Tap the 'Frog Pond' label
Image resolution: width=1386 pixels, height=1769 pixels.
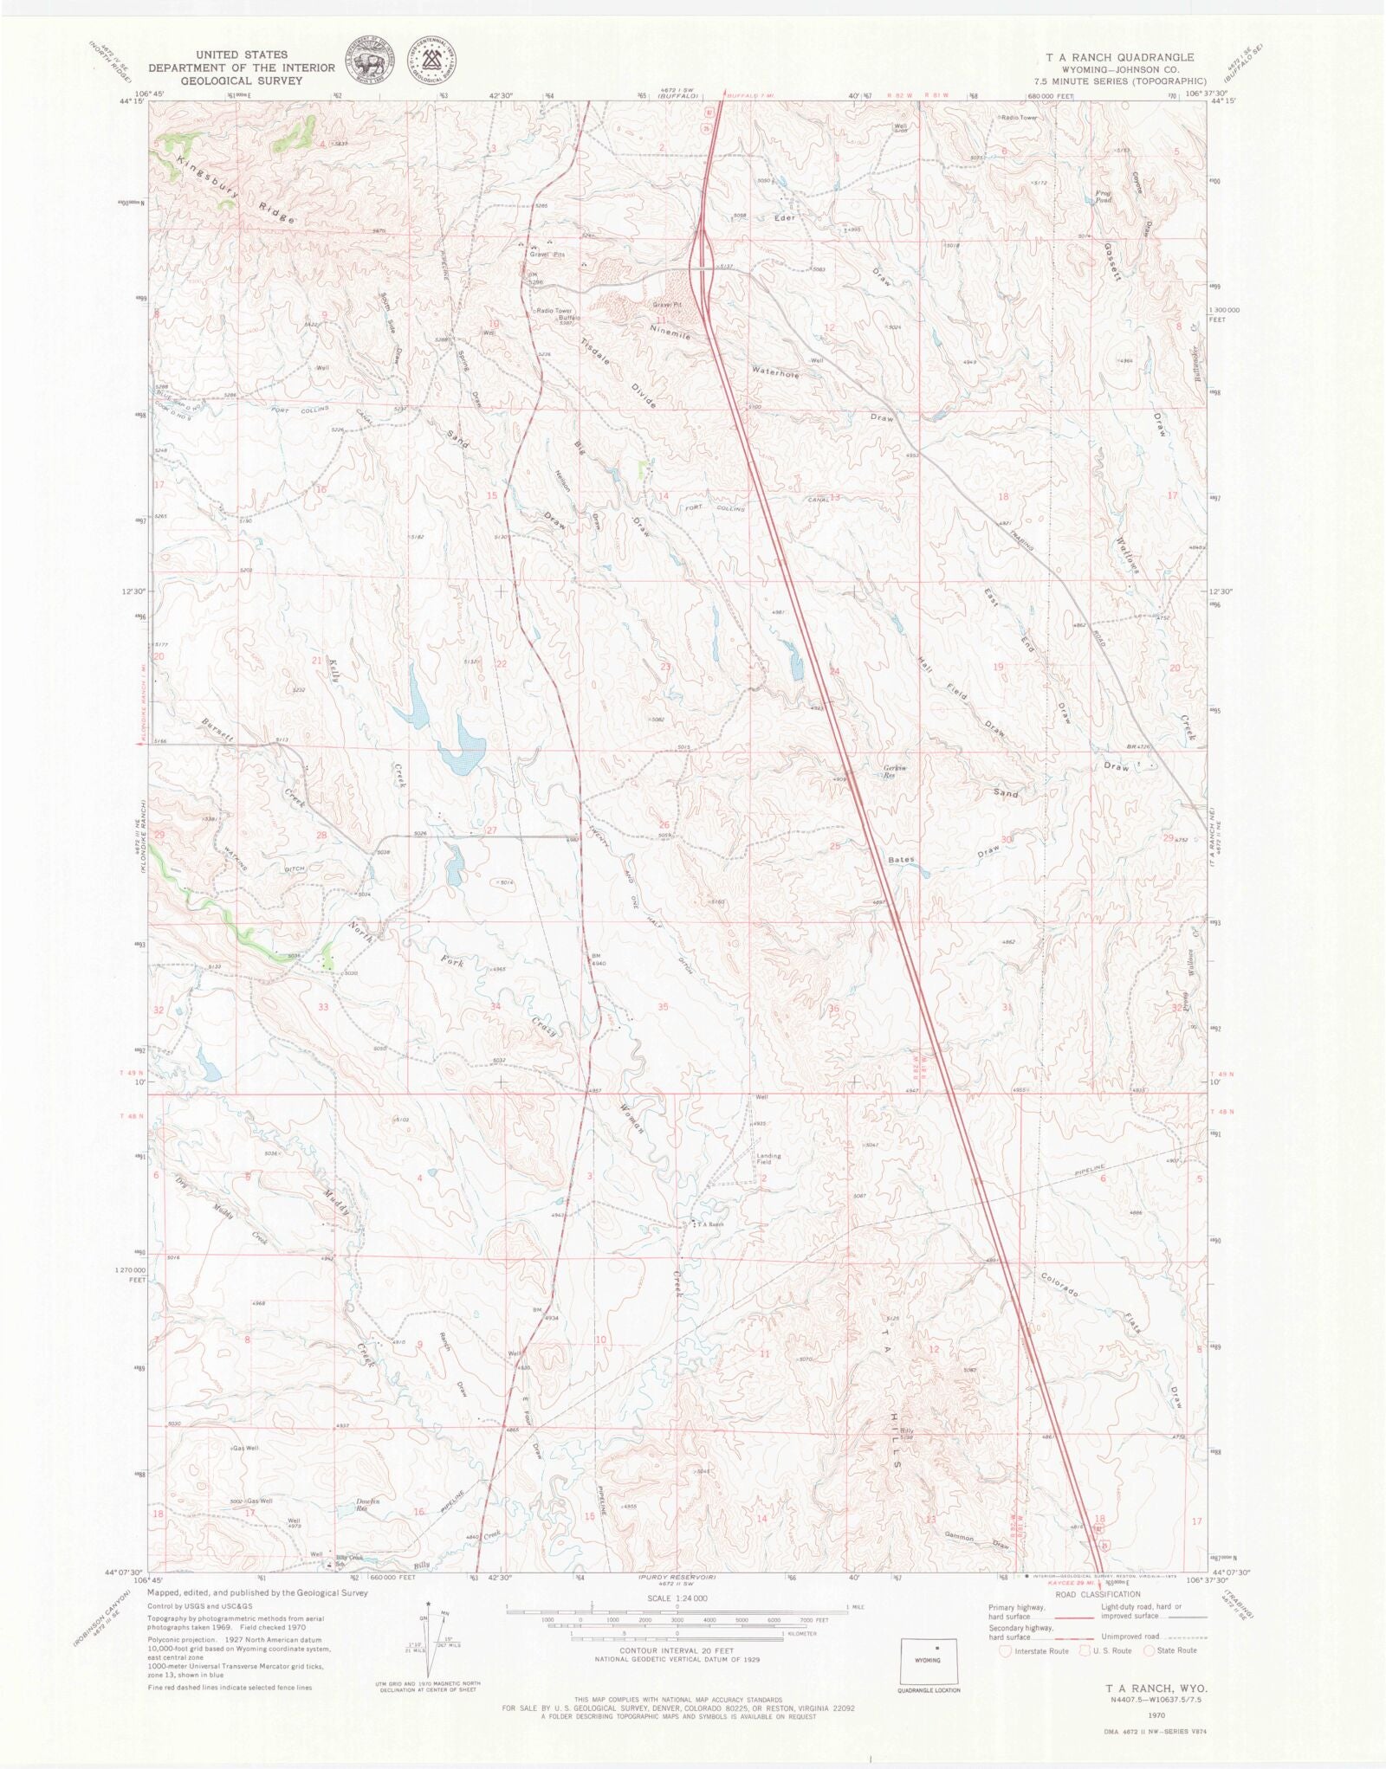click(1103, 197)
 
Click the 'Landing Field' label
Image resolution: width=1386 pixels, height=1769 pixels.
click(768, 1159)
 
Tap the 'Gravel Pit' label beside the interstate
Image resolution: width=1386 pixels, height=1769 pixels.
click(667, 305)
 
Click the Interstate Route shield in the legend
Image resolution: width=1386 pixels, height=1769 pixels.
click(1005, 1650)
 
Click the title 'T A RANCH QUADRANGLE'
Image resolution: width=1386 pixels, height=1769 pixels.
click(1119, 57)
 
